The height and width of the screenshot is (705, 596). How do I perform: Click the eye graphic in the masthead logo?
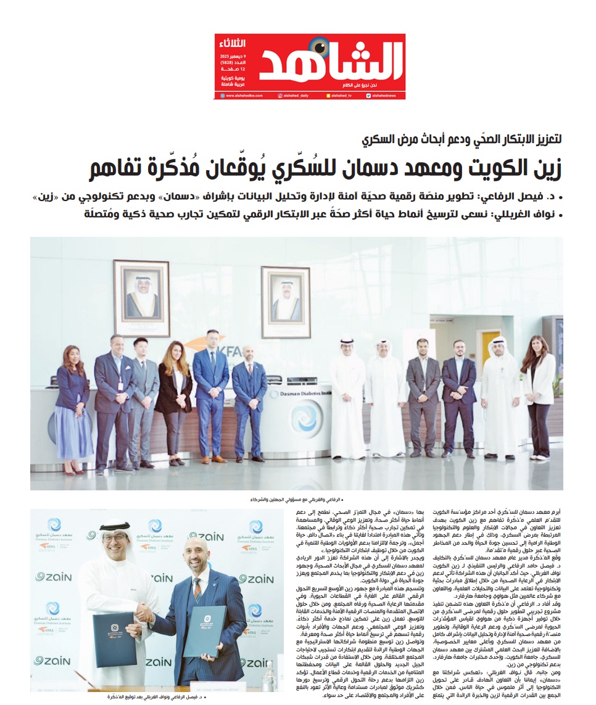320,47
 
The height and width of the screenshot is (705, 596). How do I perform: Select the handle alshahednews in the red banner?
385,96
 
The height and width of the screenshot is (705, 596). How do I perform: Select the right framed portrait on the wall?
285,302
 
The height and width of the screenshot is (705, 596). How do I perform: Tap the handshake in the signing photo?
144,613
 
